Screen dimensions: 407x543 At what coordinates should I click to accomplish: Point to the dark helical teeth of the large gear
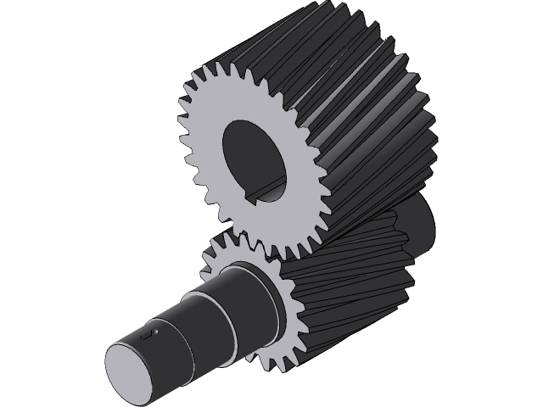pos(373,110)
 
